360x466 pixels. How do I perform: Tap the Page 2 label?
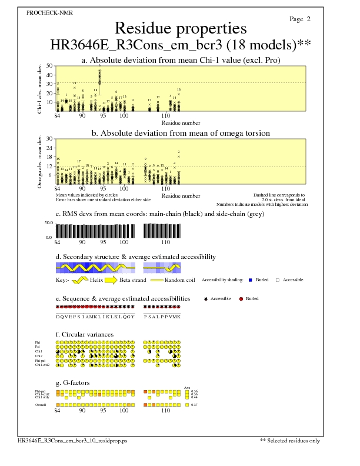point(300,19)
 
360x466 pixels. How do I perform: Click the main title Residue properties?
point(181,28)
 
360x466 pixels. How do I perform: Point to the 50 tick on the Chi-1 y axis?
point(48,66)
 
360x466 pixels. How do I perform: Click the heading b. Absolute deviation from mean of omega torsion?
point(181,134)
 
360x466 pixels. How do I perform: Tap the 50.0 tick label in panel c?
point(49,224)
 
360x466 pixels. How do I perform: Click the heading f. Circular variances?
point(85,335)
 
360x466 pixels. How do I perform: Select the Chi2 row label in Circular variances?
point(38,356)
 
